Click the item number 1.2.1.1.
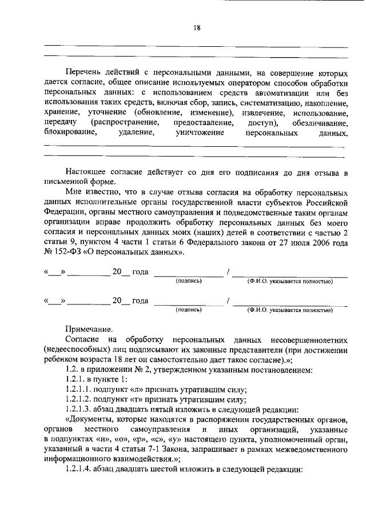[x=80, y=390]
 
